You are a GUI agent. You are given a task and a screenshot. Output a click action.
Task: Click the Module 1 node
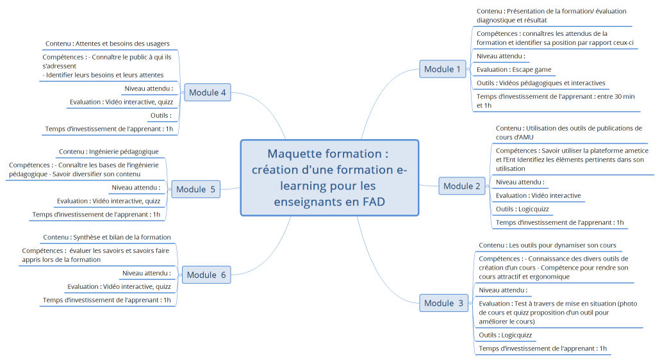[x=442, y=69]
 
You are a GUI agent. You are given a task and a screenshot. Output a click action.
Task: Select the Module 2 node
[x=461, y=186]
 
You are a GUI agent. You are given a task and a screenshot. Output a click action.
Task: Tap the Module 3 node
[x=443, y=303]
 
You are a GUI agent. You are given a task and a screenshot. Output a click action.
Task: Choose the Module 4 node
[x=207, y=92]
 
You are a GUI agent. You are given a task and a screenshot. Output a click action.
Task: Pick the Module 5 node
[x=195, y=189]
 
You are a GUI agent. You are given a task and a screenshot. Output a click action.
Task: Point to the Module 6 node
[x=206, y=275]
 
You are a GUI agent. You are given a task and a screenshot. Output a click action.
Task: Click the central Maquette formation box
[x=329, y=178]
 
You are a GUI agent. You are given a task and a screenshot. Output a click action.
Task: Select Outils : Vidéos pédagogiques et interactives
[x=541, y=83]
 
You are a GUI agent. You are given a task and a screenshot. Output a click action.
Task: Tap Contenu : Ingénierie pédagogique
[x=108, y=151]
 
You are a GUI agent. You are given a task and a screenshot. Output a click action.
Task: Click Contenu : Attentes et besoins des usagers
[x=107, y=44]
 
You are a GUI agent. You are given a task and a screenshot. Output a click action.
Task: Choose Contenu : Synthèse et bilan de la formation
[x=107, y=237]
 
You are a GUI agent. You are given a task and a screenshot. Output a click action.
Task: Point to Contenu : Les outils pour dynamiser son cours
[x=547, y=245]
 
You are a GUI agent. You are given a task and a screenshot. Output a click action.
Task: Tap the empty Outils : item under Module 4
[x=160, y=115]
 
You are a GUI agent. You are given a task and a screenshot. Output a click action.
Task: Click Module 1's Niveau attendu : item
[x=500, y=56]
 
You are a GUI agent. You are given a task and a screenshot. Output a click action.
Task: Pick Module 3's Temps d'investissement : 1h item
[x=542, y=348]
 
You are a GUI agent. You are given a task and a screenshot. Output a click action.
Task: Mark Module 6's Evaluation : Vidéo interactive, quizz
[x=119, y=286]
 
